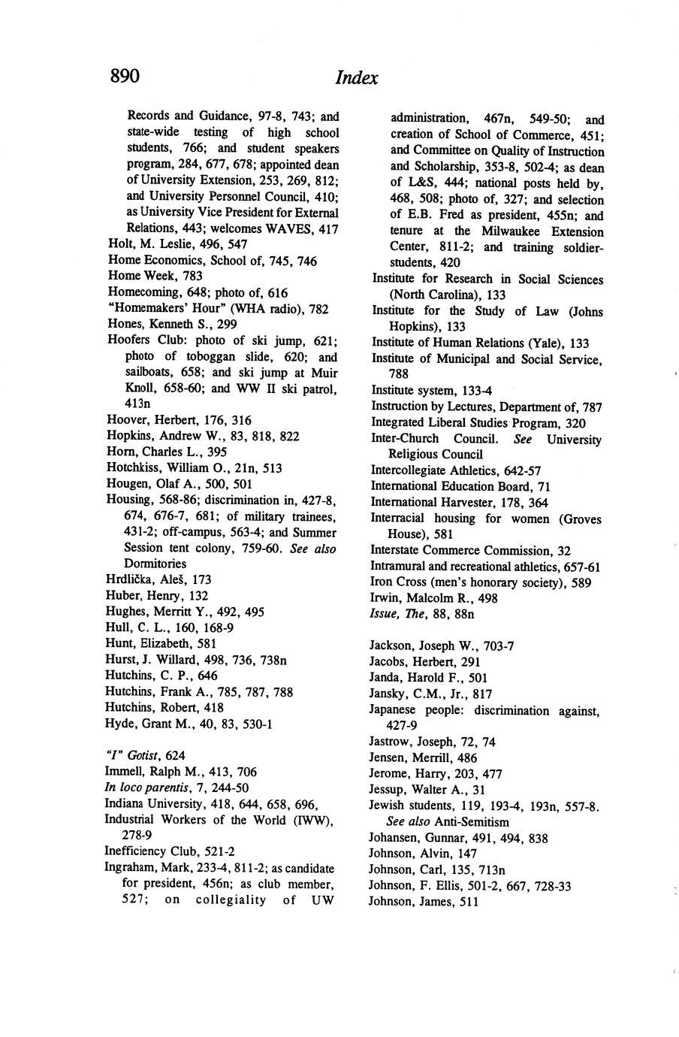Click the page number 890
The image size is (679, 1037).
pos(125,76)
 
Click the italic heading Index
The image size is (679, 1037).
pos(357,78)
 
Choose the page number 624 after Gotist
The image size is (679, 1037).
pos(175,755)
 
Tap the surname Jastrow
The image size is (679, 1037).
pos(391,742)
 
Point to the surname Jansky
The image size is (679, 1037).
pos(388,694)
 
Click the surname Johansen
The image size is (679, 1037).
pos(396,838)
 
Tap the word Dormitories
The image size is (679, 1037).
pos(155,564)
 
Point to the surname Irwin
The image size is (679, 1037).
pos(385,598)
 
